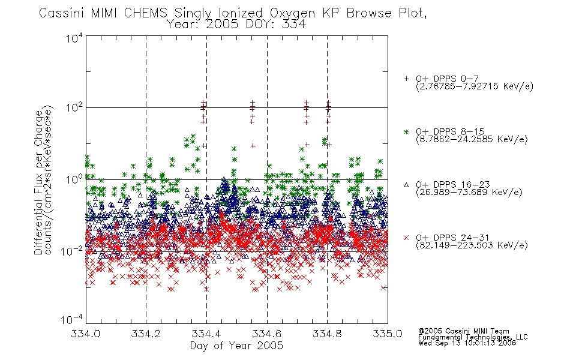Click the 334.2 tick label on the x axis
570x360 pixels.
coord(146,334)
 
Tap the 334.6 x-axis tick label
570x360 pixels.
coord(267,334)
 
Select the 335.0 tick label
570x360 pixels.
coord(388,334)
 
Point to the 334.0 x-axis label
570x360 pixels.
coord(85,334)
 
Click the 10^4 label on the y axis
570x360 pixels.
coord(74,37)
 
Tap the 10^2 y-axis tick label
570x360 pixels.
coord(74,107)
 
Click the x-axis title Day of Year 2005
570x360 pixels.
coord(236,346)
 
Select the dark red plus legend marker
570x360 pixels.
coord(406,79)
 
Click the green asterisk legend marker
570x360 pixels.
coord(406,131)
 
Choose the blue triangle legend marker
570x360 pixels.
coord(406,185)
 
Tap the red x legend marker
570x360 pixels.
coord(406,238)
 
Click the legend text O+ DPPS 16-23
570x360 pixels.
coord(452,184)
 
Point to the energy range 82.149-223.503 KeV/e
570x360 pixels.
coord(472,245)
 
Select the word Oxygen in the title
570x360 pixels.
coord(292,13)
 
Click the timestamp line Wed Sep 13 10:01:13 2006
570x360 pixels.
coord(467,343)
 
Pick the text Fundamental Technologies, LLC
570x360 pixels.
coord(473,337)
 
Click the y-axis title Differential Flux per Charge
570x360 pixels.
coord(39,182)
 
